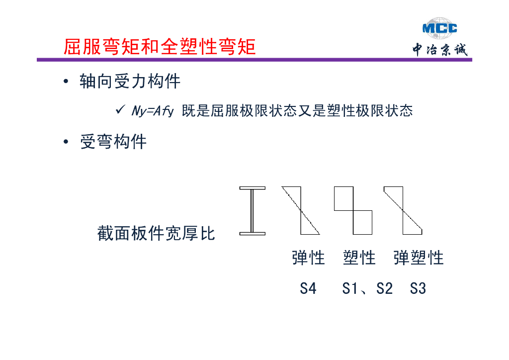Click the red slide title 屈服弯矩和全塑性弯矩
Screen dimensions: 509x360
tap(160, 47)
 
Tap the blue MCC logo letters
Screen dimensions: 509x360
tap(439, 28)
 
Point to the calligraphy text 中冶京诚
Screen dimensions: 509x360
tap(440, 50)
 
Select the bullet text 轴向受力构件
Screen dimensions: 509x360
tap(130, 81)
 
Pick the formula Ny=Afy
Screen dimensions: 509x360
tap(152, 110)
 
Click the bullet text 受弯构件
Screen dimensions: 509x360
tap(113, 142)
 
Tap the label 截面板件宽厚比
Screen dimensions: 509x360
tap(156, 233)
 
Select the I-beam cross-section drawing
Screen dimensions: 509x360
tap(253, 210)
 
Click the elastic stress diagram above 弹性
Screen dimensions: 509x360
tap(301, 210)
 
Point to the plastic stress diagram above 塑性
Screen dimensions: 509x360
tap(353, 210)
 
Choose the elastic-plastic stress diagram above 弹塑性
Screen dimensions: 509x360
tap(403, 210)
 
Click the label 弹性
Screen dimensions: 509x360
tap(308, 258)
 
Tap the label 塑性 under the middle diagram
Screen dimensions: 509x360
tap(359, 258)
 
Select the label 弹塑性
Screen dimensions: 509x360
tap(418, 258)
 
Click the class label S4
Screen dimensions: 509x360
tap(308, 288)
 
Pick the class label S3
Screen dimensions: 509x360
tap(418, 288)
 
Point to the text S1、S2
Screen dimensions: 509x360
tap(367, 288)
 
